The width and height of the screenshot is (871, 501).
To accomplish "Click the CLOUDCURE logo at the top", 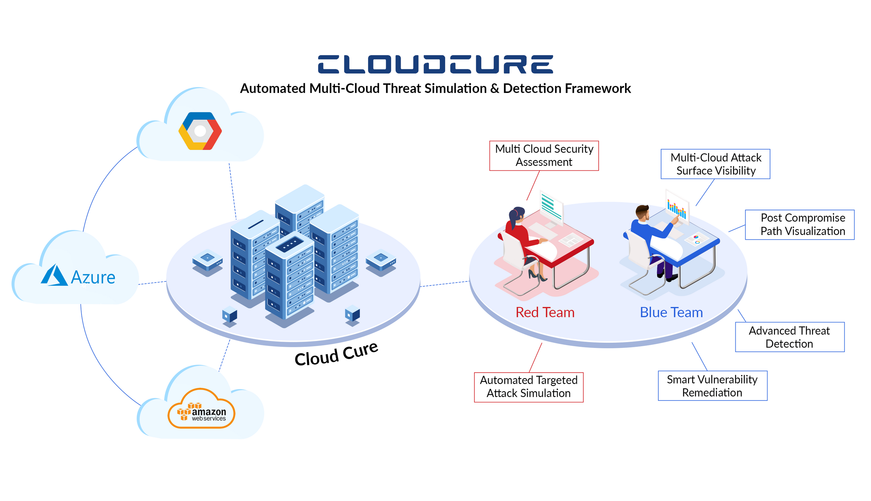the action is point(435,64).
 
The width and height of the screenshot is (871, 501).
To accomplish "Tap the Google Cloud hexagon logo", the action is point(200,131).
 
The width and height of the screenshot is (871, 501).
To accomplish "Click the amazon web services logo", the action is point(201,408).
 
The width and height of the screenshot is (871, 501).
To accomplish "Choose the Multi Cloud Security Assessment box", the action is point(544,156).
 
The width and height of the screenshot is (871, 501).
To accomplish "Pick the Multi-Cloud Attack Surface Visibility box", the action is point(716,164).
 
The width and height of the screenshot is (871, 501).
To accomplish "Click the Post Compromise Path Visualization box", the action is point(800,224).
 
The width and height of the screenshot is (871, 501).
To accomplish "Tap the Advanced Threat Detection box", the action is point(790,337).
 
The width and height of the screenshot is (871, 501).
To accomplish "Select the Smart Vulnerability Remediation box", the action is point(713,385).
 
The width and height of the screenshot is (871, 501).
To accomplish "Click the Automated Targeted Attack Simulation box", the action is point(529,387).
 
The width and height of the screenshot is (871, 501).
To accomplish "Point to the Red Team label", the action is point(545,312).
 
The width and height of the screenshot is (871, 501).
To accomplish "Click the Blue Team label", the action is point(671,312).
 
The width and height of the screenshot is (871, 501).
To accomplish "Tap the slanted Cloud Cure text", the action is point(336,353).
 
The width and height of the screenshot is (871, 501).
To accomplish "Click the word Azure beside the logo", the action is point(93,277).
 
